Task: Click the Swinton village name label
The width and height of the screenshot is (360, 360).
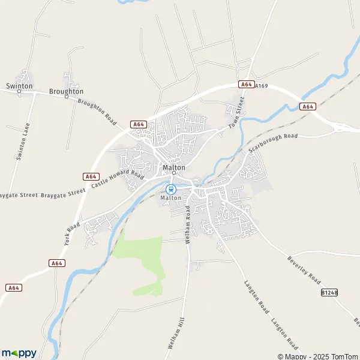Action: coord(19,86)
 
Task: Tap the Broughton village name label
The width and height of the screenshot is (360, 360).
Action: coord(66,91)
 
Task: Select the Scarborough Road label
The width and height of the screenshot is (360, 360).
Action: coord(273,143)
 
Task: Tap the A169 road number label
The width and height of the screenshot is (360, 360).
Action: coord(261,86)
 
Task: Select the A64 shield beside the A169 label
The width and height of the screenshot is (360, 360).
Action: coord(246,85)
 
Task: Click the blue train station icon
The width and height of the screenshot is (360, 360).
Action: coord(170,188)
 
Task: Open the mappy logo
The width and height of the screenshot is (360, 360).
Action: coord(19,353)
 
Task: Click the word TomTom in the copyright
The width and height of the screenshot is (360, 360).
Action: coord(345,356)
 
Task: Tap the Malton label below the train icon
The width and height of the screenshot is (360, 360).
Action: coord(170,197)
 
